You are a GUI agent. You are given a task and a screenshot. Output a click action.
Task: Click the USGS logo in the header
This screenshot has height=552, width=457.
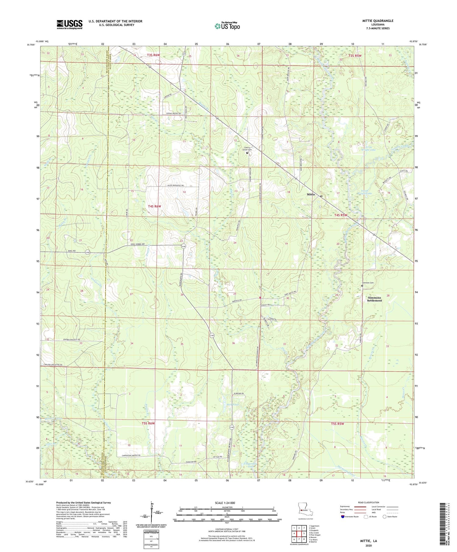[x=69, y=24]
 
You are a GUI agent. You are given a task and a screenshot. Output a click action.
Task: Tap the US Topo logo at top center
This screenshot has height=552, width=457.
[x=227, y=26]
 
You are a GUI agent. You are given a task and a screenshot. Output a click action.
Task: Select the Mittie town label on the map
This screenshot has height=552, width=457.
[x=310, y=194]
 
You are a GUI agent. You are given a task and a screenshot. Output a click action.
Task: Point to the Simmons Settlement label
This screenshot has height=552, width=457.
[x=374, y=299]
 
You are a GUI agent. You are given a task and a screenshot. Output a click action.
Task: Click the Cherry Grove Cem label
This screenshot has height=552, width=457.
[x=247, y=149]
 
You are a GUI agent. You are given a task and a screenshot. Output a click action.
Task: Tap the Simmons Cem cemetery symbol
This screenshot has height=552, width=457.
[x=362, y=286]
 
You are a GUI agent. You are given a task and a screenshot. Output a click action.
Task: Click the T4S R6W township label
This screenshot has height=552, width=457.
[x=154, y=206]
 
